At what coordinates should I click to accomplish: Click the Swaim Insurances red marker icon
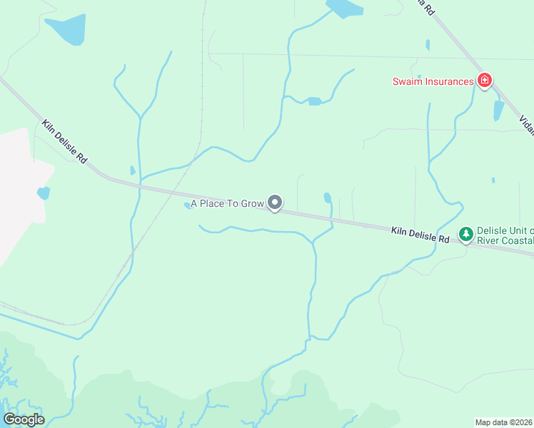[x=485, y=80]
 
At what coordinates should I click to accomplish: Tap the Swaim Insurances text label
[x=433, y=81]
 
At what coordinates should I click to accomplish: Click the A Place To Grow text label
[x=227, y=203]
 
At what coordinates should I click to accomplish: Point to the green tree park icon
[x=466, y=233]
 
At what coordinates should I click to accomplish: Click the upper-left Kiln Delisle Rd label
[x=64, y=141]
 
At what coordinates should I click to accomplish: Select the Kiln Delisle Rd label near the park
[x=420, y=235]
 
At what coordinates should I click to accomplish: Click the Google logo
[x=24, y=419]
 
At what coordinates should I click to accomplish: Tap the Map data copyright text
[x=504, y=422]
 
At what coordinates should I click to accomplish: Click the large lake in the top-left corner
[x=68, y=29]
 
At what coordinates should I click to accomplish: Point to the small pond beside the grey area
[x=44, y=193]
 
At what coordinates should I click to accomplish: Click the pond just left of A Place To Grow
[x=187, y=205]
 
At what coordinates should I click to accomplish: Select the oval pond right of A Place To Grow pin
[x=327, y=198]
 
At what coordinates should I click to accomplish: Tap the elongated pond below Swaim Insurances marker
[x=498, y=110]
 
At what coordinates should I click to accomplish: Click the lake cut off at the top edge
[x=344, y=7]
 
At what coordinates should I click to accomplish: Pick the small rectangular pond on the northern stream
[x=314, y=101]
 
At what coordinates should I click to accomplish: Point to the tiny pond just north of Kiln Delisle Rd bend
[x=133, y=170]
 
